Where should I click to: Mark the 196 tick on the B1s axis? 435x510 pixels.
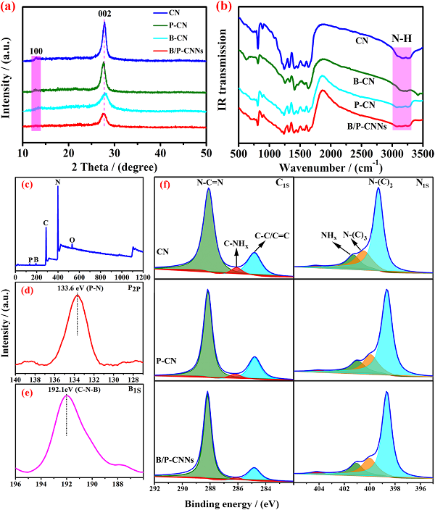click(15, 484)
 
